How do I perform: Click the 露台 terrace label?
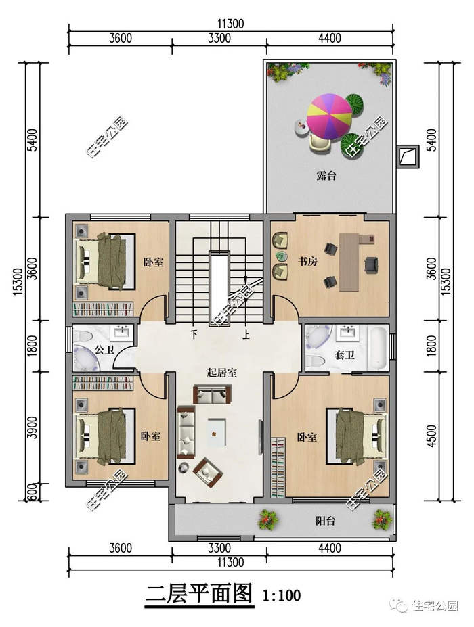click(x=326, y=176)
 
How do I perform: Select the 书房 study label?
click(x=307, y=262)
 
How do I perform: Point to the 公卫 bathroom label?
click(x=104, y=350)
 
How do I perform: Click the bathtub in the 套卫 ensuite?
click(x=379, y=348)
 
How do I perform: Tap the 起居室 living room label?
click(x=222, y=373)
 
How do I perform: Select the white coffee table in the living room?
click(x=216, y=432)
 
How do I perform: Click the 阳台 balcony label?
click(x=325, y=521)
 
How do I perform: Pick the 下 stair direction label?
click(x=194, y=334)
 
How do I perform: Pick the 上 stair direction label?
click(x=246, y=334)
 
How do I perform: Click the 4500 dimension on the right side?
click(x=431, y=436)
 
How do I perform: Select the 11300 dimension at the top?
click(x=231, y=24)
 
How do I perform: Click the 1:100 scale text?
click(x=282, y=595)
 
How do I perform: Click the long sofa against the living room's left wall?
click(x=186, y=431)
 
